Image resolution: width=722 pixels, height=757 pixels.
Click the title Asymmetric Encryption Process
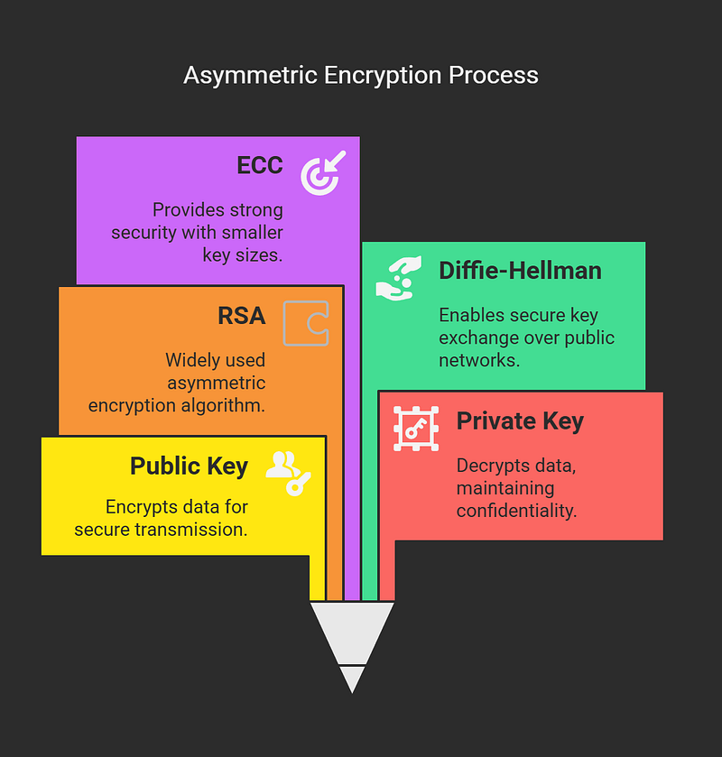coord(361,76)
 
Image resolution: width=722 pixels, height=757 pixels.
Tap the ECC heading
coord(260,165)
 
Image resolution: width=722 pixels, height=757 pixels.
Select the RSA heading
coord(242,316)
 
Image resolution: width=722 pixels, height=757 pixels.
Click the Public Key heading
coord(189,466)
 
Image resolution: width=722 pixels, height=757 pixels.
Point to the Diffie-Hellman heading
coord(520,271)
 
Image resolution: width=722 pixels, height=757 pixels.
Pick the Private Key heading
coord(520,421)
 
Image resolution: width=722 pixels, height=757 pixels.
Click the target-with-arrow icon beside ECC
coord(323,173)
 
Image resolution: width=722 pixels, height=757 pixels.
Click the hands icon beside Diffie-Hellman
coord(398,279)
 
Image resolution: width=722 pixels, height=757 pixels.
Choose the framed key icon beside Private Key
coord(416,429)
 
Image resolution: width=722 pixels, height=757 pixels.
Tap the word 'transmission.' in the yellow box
coord(191,530)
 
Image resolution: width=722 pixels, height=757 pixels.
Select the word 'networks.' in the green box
coord(479,360)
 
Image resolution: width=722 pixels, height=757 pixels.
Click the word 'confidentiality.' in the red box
coord(517,511)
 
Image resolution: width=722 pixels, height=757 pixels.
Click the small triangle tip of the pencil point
coord(352,679)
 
